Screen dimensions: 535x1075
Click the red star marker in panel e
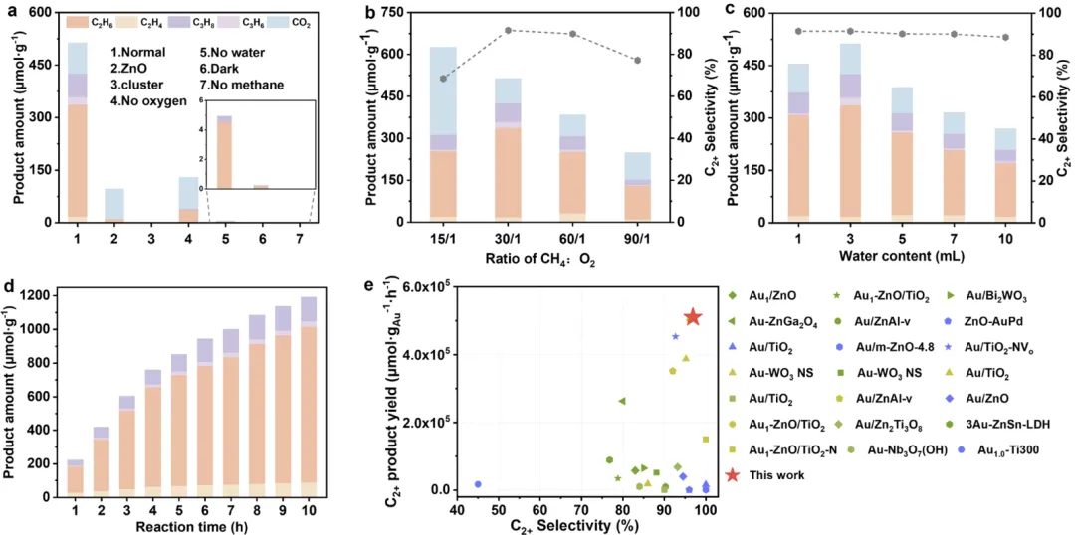tap(693, 317)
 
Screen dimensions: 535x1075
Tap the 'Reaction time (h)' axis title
tap(186, 523)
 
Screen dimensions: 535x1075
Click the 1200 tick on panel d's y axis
tap(44, 296)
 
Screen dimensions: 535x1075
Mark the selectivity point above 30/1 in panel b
tap(509, 30)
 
